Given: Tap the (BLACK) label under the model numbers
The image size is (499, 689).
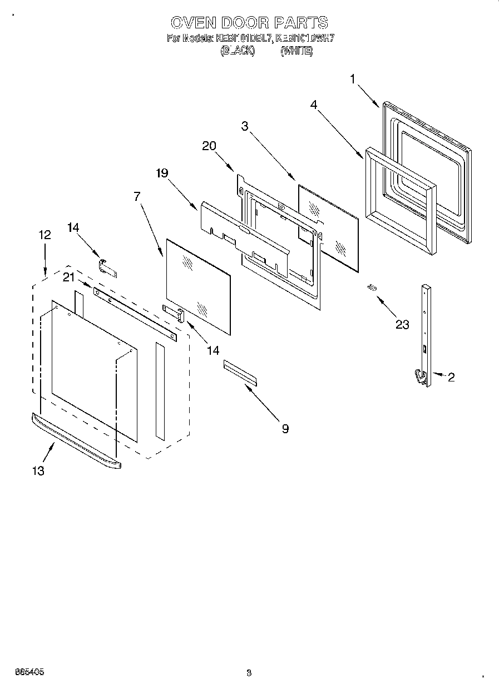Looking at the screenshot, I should pyautogui.click(x=238, y=51).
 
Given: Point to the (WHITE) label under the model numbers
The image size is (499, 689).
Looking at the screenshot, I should pyautogui.click(x=297, y=51).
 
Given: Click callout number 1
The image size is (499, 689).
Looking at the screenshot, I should pyautogui.click(x=353, y=80).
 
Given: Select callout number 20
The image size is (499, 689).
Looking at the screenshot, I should pyautogui.click(x=209, y=146).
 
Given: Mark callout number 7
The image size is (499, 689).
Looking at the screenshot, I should pyautogui.click(x=136, y=196).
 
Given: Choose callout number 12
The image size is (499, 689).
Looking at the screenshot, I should pyautogui.click(x=45, y=235).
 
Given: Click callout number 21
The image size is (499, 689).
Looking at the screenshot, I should pyautogui.click(x=68, y=277).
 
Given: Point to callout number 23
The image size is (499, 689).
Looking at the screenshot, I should pyautogui.click(x=402, y=325).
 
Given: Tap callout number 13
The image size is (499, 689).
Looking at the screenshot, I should pyautogui.click(x=38, y=470).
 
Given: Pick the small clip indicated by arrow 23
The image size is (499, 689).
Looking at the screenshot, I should pyautogui.click(x=372, y=287).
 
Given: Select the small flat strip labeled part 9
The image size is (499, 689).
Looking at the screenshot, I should pyautogui.click(x=240, y=372).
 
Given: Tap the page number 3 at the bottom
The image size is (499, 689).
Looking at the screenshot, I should pyautogui.click(x=249, y=673).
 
